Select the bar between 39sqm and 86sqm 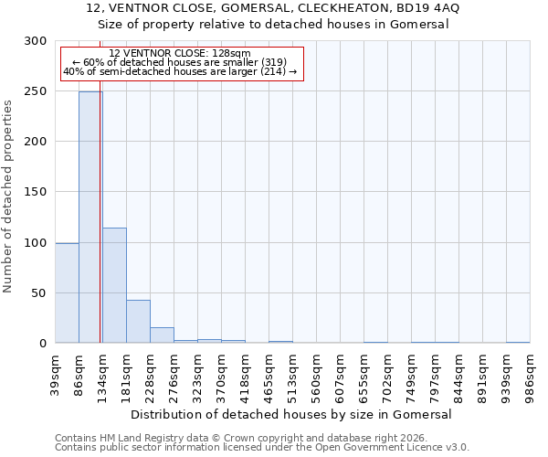[x=67, y=292]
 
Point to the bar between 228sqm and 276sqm [x=162, y=335]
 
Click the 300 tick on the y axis [x=36, y=41]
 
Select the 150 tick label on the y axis [x=36, y=192]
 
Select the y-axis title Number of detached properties [x=8, y=197]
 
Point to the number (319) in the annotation [x=272, y=62]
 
